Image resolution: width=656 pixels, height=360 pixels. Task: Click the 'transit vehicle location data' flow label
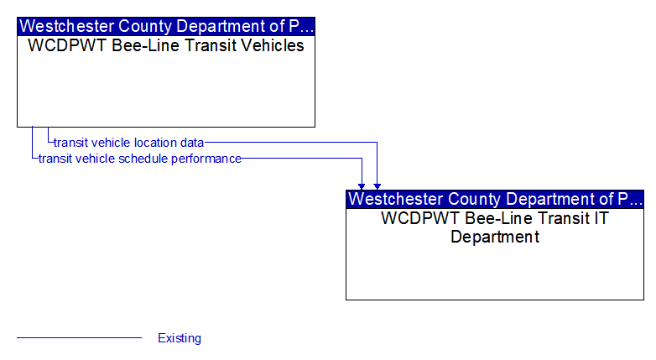click(129, 143)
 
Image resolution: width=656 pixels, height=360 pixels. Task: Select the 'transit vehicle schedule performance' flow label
click(140, 159)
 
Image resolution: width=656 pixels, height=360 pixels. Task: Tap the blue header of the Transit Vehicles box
click(166, 26)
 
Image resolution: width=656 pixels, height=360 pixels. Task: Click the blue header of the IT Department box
click(495, 199)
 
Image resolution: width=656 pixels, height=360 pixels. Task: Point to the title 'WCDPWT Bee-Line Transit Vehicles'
click(166, 45)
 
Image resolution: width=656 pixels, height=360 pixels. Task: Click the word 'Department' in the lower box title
click(495, 237)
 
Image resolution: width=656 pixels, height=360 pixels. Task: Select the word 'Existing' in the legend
click(180, 338)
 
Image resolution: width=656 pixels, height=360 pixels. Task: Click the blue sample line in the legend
click(80, 337)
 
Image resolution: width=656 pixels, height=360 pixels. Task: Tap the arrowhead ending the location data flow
click(377, 186)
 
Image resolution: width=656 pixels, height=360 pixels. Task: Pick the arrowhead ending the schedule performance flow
click(362, 186)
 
